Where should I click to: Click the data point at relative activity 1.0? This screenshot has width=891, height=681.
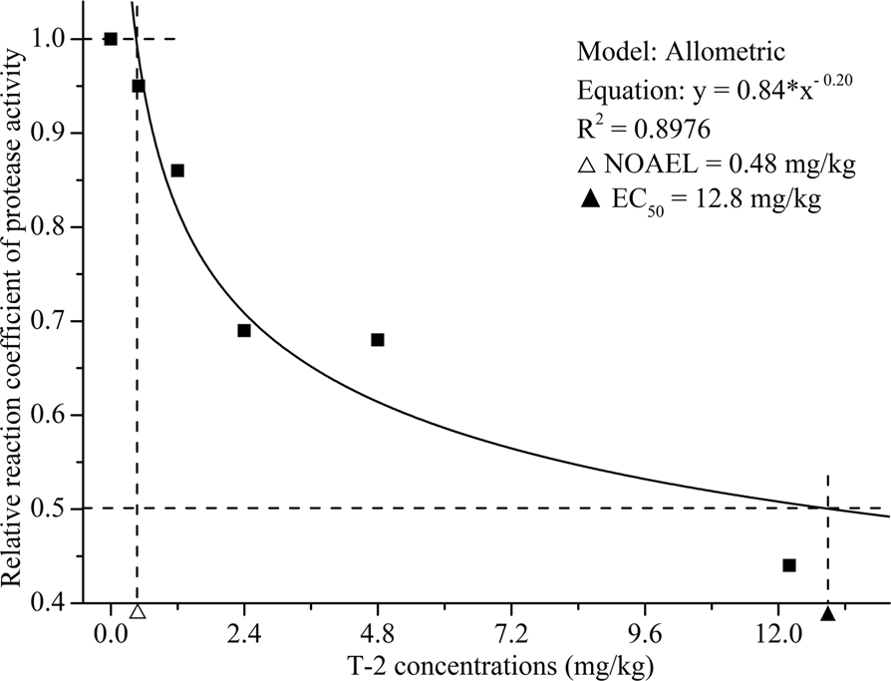point(111,39)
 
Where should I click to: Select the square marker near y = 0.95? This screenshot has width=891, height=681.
point(139,86)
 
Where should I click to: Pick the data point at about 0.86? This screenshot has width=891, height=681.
point(177,170)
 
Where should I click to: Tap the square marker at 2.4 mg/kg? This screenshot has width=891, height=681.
point(244,330)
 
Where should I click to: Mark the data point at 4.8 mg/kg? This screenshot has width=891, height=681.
point(378,340)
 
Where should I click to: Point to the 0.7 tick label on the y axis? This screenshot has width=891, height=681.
point(62,322)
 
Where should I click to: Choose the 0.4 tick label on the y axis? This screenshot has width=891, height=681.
point(62,604)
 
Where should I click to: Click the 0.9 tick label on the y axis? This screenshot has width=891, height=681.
point(62,134)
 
